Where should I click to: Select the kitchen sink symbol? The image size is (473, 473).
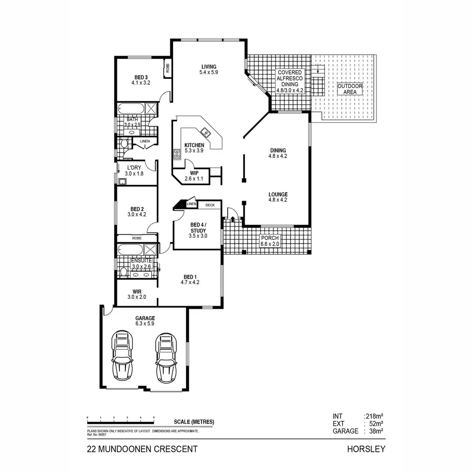pyautogui.click(x=205, y=131)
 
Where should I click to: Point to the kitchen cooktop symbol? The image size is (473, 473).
pyautogui.click(x=177, y=154)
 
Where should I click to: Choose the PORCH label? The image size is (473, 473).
pyautogui.click(x=269, y=238)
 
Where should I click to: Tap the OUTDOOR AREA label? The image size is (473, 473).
pyautogui.click(x=350, y=89)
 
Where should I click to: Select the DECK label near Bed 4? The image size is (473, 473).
pyautogui.click(x=210, y=205)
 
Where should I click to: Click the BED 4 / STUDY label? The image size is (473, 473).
pyautogui.click(x=198, y=228)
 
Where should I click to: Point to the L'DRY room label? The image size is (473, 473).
pyautogui.click(x=133, y=168)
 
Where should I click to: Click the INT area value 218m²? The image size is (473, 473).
pyautogui.click(x=374, y=417)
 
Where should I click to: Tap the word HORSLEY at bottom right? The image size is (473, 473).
pyautogui.click(x=366, y=449)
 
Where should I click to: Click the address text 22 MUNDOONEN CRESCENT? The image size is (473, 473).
pyautogui.click(x=142, y=449)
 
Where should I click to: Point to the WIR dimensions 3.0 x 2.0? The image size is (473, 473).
pyautogui.click(x=136, y=297)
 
